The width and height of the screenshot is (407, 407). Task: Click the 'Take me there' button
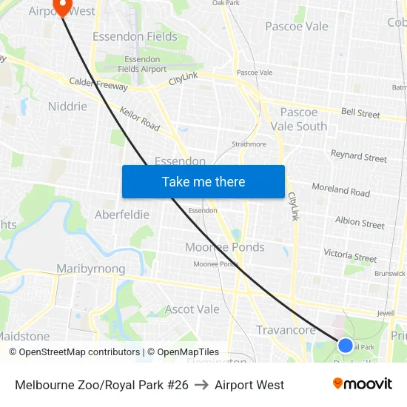(203, 181)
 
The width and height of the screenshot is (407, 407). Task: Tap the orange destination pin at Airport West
(61, 7)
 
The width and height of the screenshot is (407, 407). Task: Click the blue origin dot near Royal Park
(345, 345)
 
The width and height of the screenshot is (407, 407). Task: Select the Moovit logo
(363, 384)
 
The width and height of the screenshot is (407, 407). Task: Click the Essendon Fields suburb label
(135, 36)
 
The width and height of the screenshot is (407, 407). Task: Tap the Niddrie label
(67, 106)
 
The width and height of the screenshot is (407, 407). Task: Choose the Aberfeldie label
(122, 215)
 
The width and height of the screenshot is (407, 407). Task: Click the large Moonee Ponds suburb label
(224, 247)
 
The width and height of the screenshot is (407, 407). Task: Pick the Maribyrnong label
(91, 269)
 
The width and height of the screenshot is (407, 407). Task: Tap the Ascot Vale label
(192, 309)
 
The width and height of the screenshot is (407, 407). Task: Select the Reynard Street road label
(358, 156)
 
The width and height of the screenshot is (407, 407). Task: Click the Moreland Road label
(340, 189)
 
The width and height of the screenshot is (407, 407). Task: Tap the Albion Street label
(360, 222)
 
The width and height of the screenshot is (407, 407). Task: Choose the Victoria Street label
(350, 255)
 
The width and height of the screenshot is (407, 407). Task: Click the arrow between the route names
(201, 385)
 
